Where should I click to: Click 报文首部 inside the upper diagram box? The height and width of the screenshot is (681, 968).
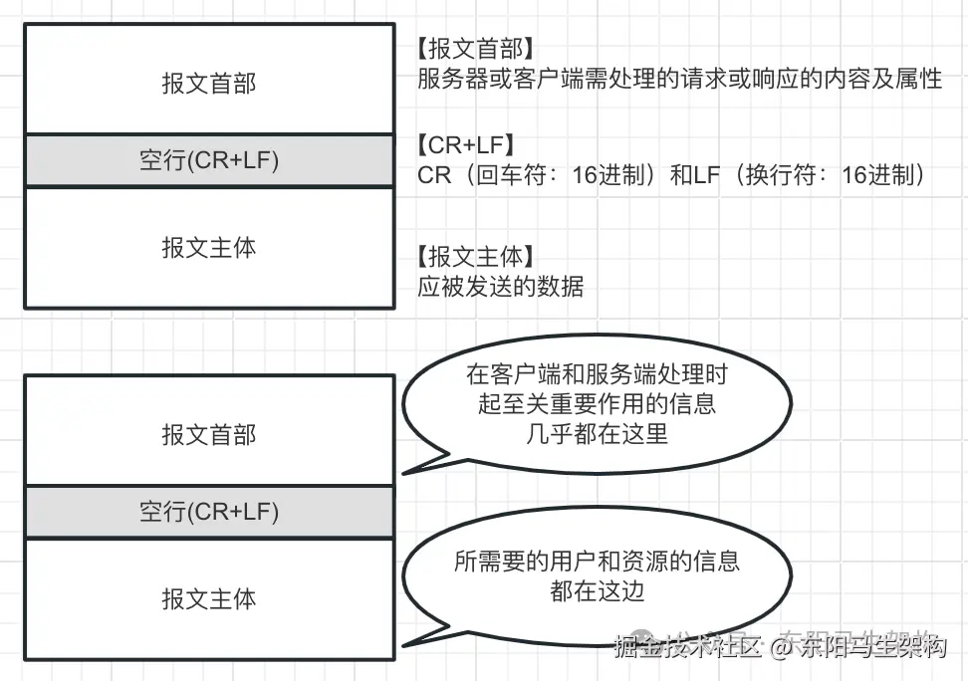pos(208,83)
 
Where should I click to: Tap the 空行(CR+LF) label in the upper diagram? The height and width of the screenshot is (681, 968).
pos(208,161)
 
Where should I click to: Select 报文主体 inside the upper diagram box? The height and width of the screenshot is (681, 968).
pos(208,247)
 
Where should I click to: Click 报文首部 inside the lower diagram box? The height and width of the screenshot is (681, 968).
pos(208,435)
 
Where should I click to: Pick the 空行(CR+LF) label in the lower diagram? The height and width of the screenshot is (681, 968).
pos(208,513)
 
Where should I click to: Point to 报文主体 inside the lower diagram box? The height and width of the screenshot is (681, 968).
pos(208,598)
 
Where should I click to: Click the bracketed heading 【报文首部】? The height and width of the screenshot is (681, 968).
pos(476,48)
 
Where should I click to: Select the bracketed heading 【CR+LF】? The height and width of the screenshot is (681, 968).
pos(466,145)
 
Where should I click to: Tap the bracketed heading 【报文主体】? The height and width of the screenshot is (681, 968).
pos(476,256)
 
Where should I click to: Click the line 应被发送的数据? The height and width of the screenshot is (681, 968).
pos(500,288)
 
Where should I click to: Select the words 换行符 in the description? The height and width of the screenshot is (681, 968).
pos(784,176)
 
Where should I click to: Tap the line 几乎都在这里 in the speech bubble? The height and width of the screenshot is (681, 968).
pos(597,435)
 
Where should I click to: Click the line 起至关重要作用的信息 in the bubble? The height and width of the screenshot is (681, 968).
pos(597,405)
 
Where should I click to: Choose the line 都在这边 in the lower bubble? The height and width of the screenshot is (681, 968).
pos(597,590)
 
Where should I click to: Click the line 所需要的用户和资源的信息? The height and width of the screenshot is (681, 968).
pos(597,562)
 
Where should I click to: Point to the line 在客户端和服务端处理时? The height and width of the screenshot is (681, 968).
pos(597,375)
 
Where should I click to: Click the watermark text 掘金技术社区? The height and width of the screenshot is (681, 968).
pos(687,649)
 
